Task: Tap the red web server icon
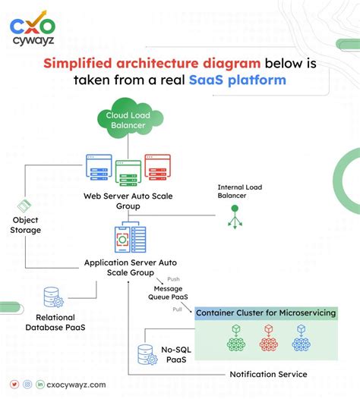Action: pos(157,166)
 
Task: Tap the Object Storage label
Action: pos(26,225)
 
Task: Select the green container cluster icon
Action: pos(236,338)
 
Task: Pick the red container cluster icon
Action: pos(269,338)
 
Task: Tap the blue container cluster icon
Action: pos(302,338)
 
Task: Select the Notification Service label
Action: pos(268,374)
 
